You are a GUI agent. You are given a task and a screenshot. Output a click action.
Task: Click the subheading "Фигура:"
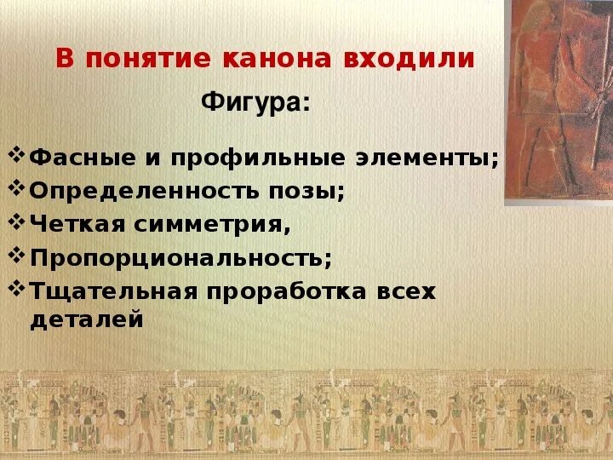point(255,104)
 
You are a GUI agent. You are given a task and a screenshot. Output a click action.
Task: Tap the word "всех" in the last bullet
point(405,291)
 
